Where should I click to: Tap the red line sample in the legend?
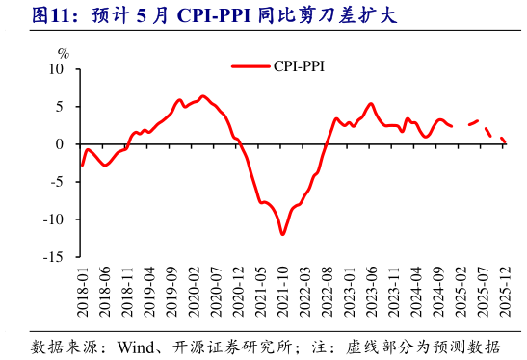251,65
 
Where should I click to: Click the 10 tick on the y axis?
56,70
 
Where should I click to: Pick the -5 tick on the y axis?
57,182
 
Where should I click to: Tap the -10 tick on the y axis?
54,219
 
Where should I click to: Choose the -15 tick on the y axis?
54,257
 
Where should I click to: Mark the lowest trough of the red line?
282,233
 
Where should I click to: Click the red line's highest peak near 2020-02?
202,96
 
